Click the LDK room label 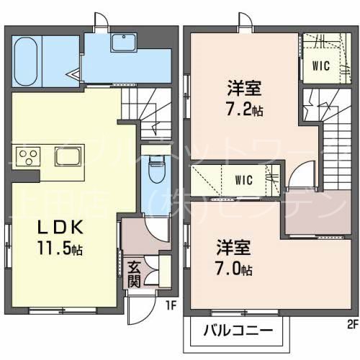tap(62, 228)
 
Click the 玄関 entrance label tap(134, 274)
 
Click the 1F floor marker tap(171, 306)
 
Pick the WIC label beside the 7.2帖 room tap(320, 66)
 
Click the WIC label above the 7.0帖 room tap(243, 178)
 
